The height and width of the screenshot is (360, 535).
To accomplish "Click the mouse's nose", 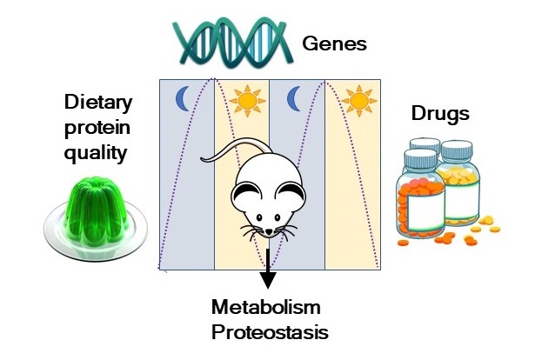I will (x=268, y=232).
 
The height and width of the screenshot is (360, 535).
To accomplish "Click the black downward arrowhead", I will (x=268, y=280).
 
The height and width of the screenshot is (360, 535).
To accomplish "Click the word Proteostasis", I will (x=271, y=330).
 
